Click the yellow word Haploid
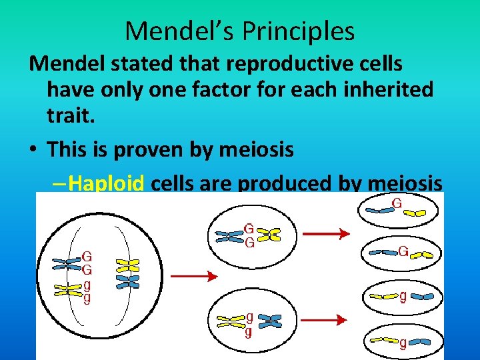106,183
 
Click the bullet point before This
33,149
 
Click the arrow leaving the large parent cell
194,275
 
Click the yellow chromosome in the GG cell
269,234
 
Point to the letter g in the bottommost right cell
403,343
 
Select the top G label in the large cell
87,255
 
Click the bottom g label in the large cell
87,297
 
